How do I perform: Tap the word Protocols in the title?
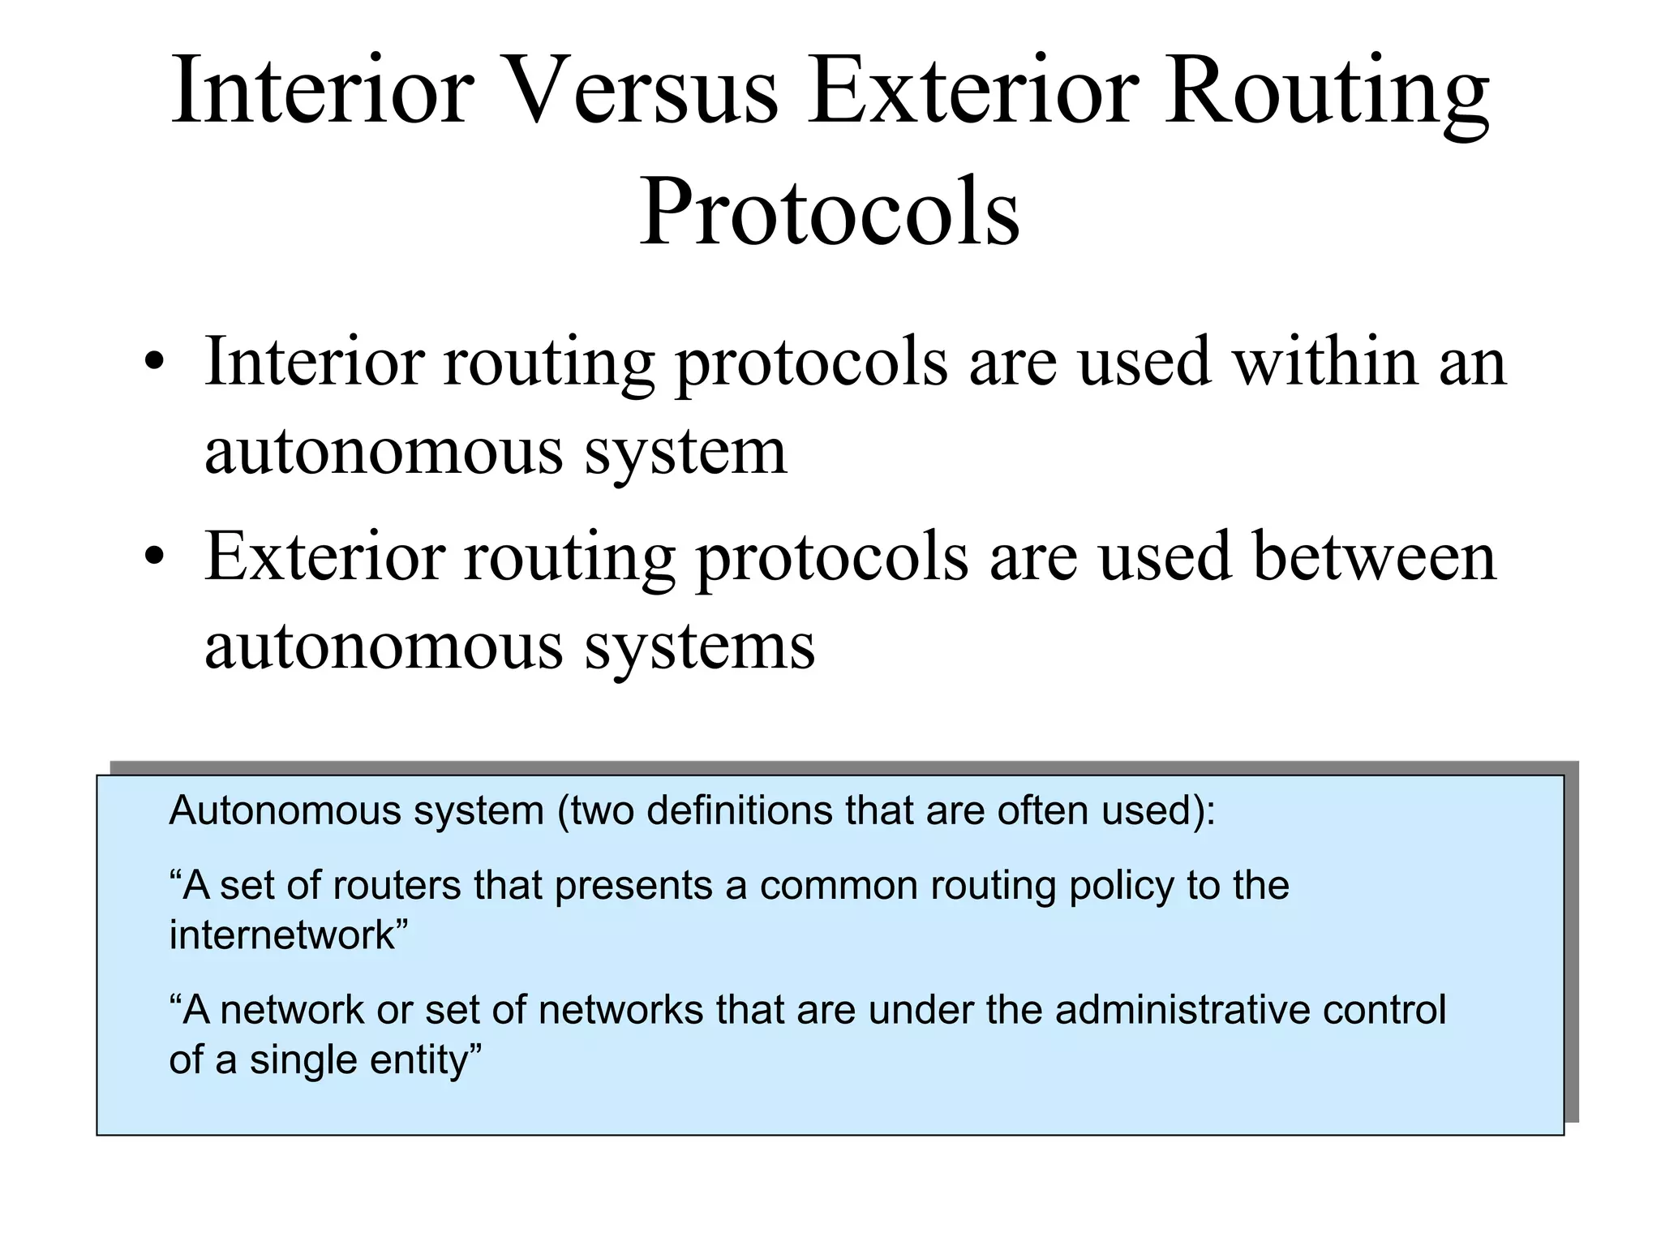coord(830,211)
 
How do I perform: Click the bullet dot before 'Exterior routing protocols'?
coord(153,558)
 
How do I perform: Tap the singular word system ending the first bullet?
coord(685,453)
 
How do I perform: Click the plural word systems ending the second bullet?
coord(699,647)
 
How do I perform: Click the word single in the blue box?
coord(303,1060)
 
